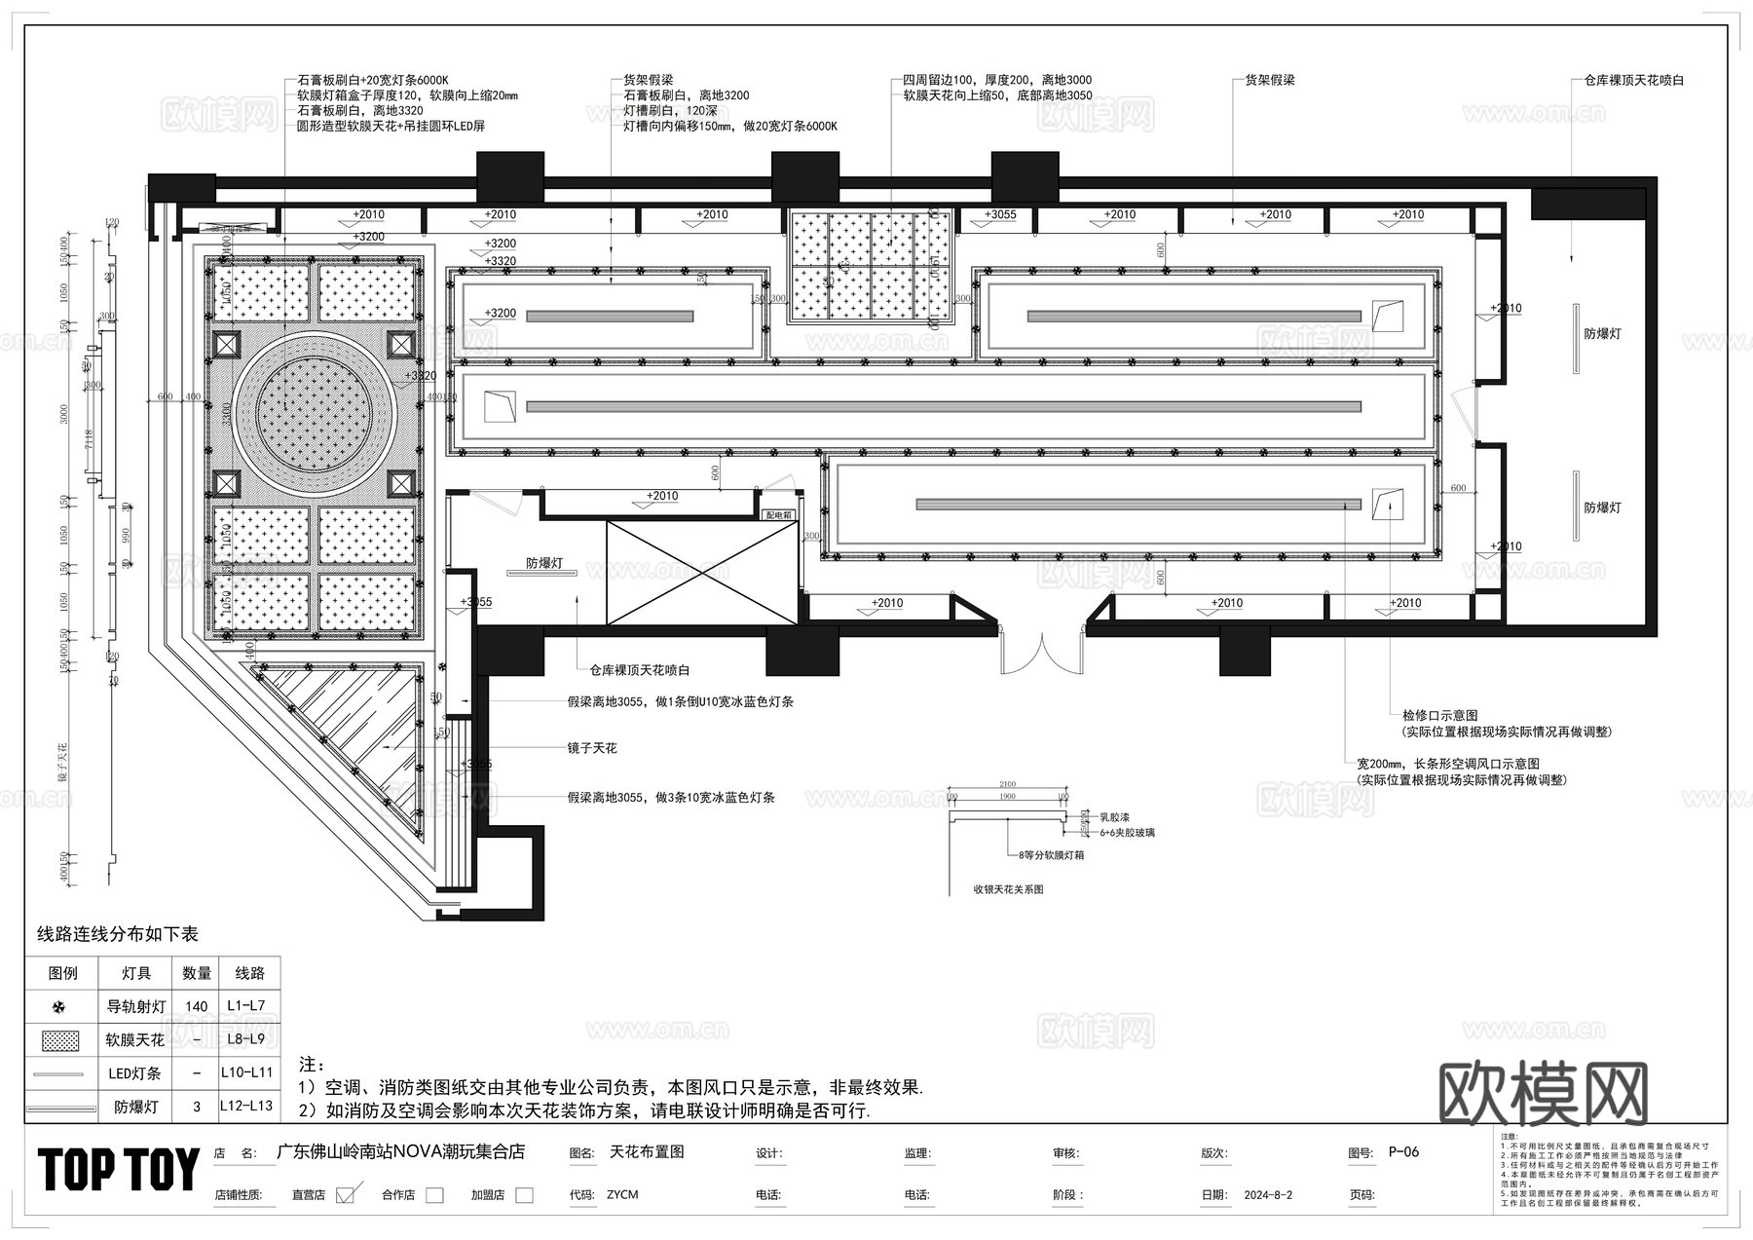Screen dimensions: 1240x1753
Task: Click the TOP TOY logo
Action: coord(119,1169)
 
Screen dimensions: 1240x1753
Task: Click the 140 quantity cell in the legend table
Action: coord(196,1006)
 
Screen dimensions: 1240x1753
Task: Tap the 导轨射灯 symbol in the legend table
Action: coord(60,1006)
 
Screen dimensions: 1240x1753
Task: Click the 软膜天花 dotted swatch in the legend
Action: coord(60,1039)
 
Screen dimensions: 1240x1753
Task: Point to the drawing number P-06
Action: coord(1403,1152)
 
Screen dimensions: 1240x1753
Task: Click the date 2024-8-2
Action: coord(1268,1195)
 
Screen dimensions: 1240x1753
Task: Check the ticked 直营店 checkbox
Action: coord(344,1195)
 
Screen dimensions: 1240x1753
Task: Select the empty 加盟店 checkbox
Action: coord(524,1195)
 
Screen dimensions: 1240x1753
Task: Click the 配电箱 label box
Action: coord(779,514)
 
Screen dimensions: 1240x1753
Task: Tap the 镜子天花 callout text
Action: coord(592,748)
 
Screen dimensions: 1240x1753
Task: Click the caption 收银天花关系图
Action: coord(1008,889)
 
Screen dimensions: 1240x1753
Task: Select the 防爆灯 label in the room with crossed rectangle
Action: coord(544,563)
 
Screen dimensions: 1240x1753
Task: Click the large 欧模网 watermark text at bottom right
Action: coord(1543,1094)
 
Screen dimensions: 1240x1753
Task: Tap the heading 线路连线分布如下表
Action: coord(117,934)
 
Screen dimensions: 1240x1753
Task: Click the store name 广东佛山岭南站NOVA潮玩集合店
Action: coord(401,1151)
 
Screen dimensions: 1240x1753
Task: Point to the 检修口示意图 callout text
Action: coord(1438,715)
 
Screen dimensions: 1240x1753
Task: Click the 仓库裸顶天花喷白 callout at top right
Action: coord(1633,80)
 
